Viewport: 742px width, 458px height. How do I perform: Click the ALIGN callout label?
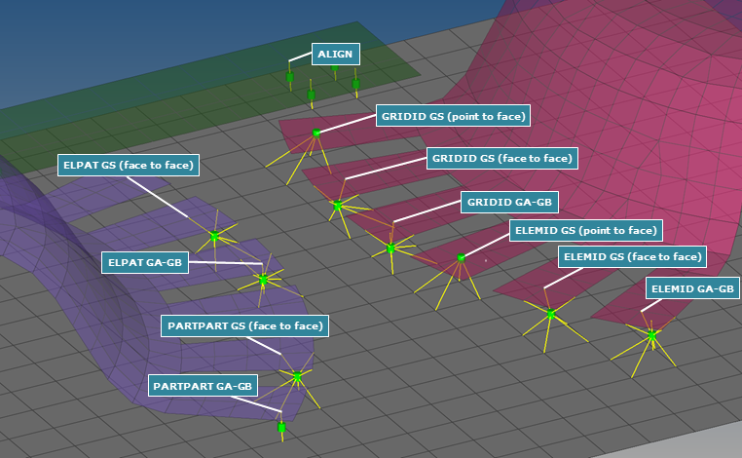(335, 55)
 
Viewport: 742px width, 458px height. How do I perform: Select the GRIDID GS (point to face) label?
(454, 116)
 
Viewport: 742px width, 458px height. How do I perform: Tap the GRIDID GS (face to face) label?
(501, 158)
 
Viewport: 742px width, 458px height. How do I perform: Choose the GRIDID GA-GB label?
(509, 203)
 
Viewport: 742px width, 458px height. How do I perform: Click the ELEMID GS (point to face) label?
(585, 231)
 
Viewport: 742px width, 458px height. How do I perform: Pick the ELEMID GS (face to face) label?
(632, 257)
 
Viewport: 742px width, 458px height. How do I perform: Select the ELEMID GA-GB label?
(691, 288)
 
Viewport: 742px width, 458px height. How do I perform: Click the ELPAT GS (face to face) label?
(129, 166)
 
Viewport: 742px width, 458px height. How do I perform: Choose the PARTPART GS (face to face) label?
(245, 325)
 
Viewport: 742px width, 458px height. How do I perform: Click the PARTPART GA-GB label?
(204, 386)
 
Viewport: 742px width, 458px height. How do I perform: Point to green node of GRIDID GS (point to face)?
(315, 133)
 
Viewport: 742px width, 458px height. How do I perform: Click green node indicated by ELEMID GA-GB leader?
(651, 334)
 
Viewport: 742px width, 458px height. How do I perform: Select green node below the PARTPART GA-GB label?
(281, 427)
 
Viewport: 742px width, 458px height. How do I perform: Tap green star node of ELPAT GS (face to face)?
(215, 236)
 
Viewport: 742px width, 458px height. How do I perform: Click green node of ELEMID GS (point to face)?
(461, 258)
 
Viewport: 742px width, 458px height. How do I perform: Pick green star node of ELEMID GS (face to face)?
(550, 314)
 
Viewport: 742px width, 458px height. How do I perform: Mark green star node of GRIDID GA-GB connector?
(390, 248)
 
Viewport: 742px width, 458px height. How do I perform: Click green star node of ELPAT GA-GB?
(263, 279)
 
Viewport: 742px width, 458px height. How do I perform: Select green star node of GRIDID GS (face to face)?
(338, 206)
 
